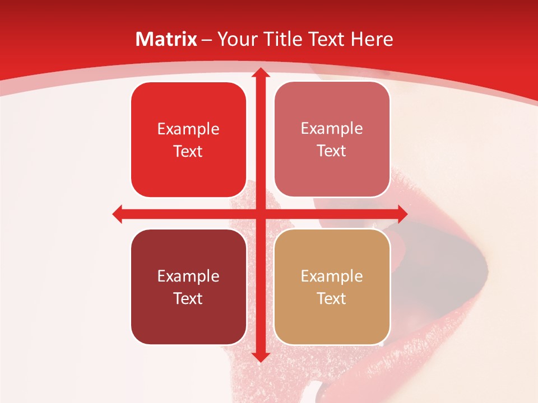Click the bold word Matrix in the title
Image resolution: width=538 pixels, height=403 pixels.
click(166, 39)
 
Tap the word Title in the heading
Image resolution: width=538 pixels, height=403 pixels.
click(282, 39)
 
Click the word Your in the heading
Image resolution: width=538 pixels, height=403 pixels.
click(237, 39)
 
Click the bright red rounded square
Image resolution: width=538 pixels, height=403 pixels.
click(188, 140)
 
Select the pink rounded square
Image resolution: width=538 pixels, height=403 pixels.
click(332, 140)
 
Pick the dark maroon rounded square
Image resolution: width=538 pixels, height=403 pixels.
click(188, 287)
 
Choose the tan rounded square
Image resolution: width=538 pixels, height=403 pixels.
click(332, 287)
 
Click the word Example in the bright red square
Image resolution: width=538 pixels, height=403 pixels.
click(188, 129)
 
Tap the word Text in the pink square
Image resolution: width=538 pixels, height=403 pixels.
click(332, 151)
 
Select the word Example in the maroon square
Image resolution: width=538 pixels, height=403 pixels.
click(188, 276)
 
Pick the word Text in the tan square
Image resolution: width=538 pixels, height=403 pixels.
click(332, 298)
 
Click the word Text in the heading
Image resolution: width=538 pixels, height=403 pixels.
click(327, 39)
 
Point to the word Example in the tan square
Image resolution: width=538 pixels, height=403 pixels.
click(332, 276)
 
